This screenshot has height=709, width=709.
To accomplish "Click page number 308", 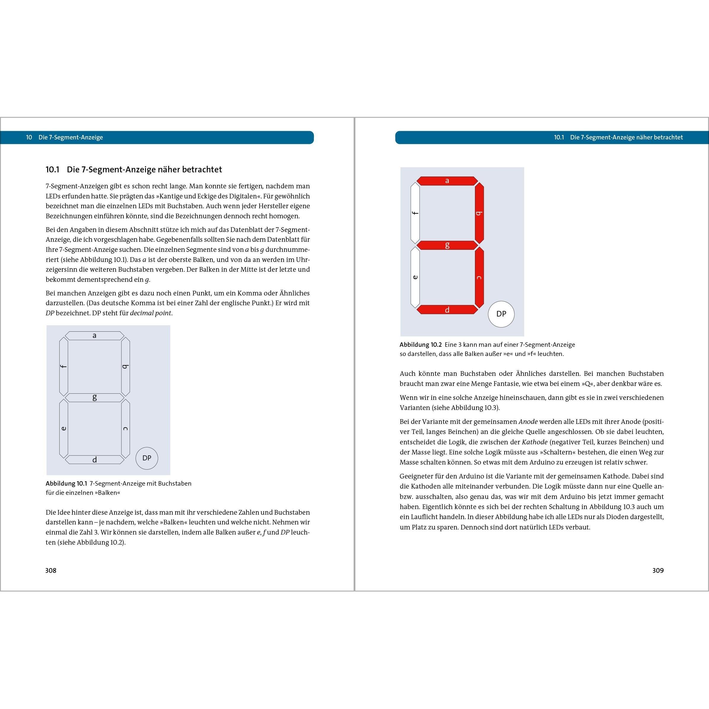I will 51,570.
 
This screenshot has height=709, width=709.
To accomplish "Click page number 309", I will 658,570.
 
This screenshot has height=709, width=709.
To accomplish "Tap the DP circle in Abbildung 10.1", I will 147,458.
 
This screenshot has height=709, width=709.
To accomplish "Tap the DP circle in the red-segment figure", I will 501,314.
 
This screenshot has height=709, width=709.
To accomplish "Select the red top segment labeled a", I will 447,181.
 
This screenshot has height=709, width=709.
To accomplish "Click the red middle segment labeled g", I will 447,245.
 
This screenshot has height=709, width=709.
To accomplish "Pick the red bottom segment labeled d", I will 447,310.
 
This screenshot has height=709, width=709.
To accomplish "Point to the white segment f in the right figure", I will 415,213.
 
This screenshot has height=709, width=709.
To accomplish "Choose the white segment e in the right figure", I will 415,277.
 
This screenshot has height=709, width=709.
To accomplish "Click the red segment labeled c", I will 479,277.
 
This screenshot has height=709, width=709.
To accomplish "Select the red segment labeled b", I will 479,213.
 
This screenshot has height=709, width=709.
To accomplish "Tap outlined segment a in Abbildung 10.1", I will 94,336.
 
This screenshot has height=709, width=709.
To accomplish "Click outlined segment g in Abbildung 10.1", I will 94,398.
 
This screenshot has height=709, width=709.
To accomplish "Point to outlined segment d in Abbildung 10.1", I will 94,460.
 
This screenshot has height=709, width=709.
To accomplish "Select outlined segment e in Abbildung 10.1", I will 64,429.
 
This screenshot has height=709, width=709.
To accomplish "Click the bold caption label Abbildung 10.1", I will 66,483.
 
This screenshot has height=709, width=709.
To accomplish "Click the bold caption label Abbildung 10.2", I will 421,345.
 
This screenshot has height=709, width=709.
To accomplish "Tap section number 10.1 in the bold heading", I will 53,170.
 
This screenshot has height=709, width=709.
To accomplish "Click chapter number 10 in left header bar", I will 29,137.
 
